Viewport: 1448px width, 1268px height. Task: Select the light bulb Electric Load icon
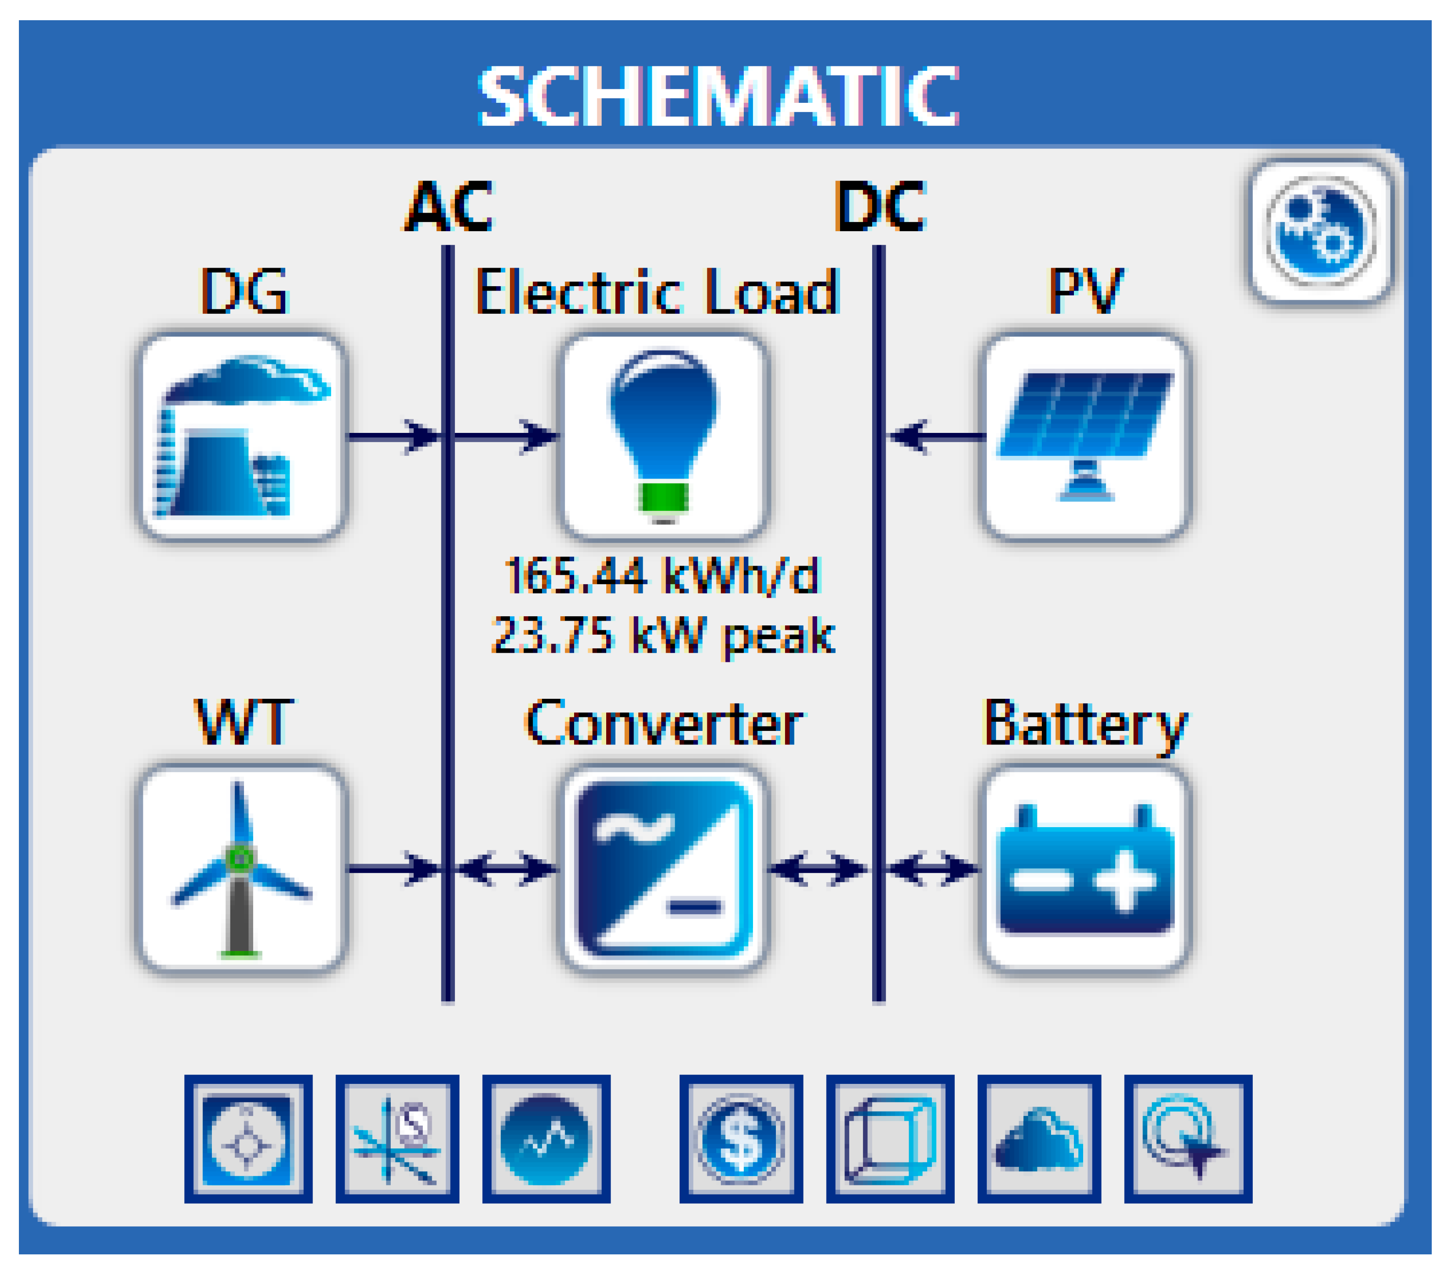(x=663, y=436)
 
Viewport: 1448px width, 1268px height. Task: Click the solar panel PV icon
(x=1085, y=436)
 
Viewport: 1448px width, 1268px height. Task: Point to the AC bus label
(x=448, y=207)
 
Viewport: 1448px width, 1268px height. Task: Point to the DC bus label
(x=879, y=207)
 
